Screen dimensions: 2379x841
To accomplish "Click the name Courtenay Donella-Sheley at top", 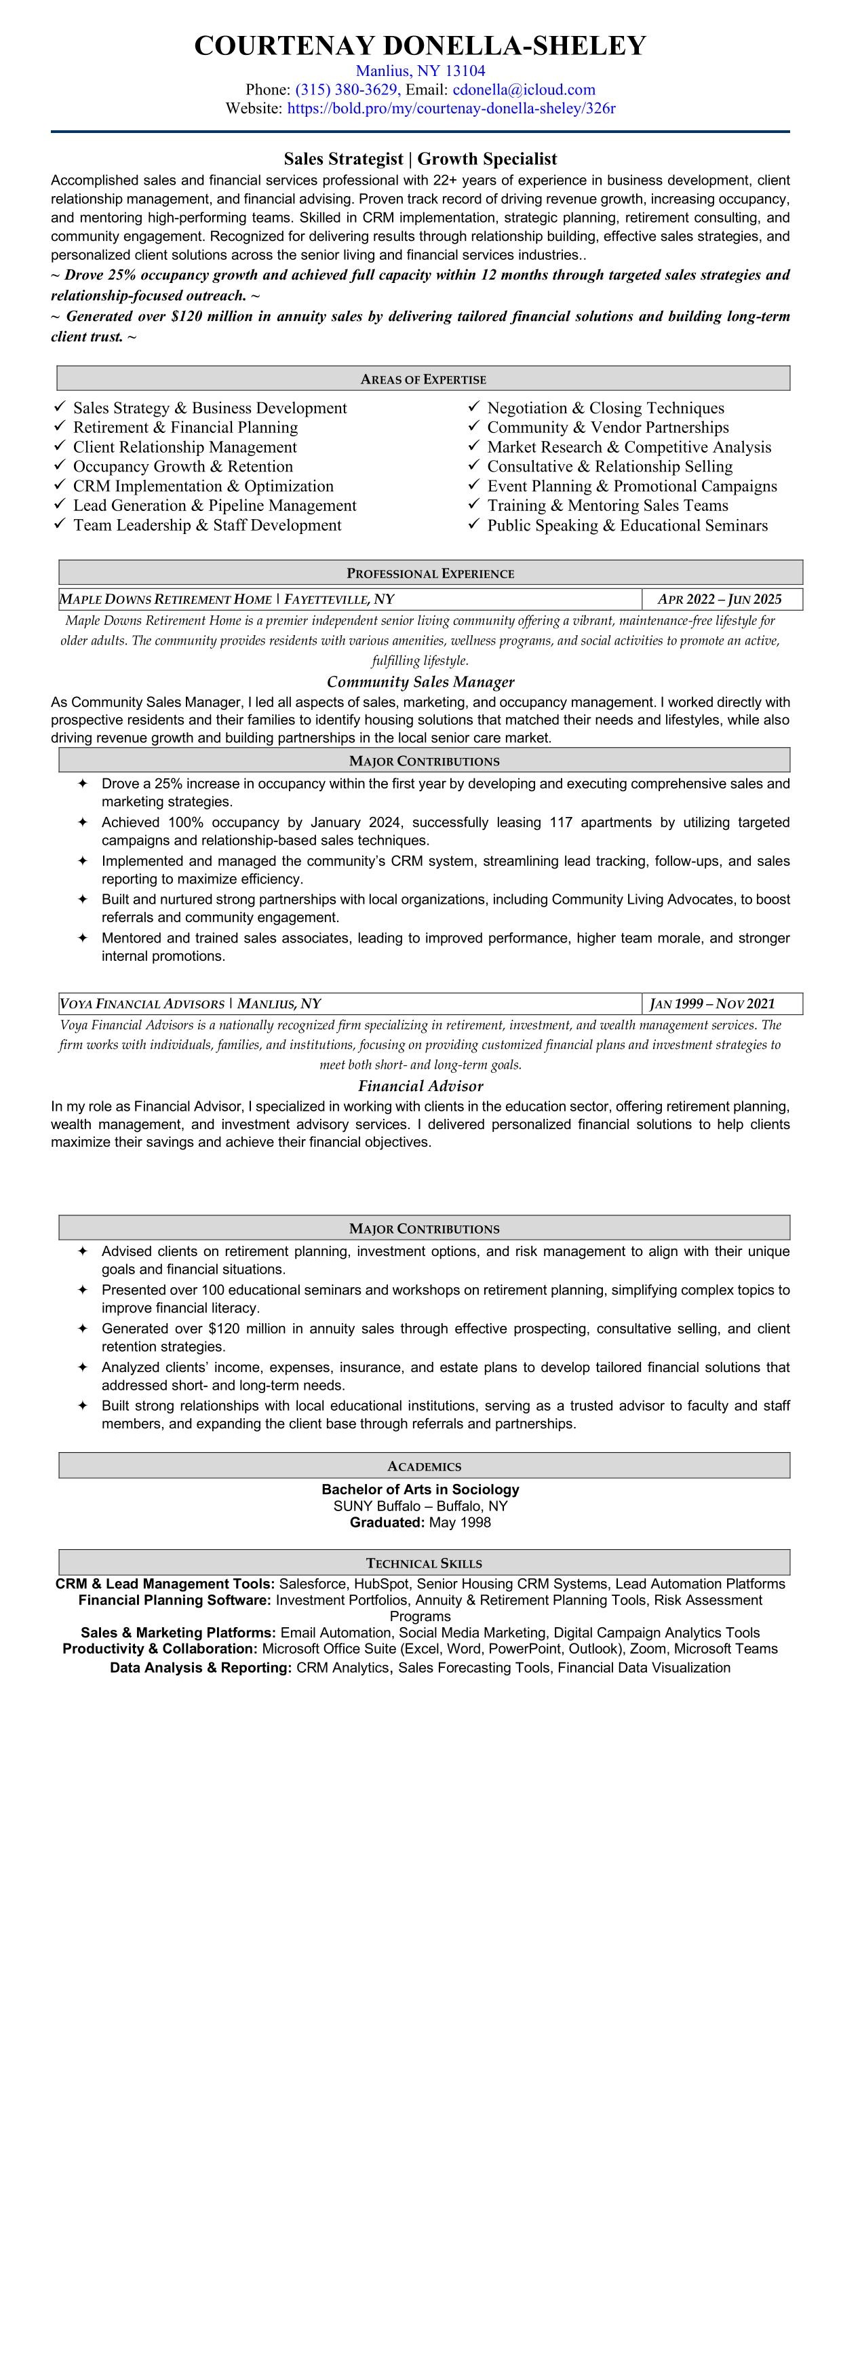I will [420, 46].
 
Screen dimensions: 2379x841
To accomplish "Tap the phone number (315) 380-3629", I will [346, 90].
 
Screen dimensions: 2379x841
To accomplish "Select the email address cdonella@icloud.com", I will [524, 90].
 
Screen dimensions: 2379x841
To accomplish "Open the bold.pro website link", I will [452, 108].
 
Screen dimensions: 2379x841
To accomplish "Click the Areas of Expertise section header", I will [423, 379].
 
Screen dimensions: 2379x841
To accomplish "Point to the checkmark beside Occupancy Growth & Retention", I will [60, 465].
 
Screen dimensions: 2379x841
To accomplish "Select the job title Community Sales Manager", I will [420, 681].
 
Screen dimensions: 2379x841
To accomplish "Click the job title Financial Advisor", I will [420, 1086].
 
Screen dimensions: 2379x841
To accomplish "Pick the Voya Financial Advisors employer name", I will [142, 1003].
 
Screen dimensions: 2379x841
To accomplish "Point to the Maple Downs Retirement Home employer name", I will [166, 599].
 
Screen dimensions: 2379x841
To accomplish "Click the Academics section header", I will [424, 1466].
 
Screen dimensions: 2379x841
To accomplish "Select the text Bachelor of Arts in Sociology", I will [420, 1489].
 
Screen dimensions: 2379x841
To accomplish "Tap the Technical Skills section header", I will [424, 1563].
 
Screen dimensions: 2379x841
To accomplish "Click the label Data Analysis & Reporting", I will [201, 1667].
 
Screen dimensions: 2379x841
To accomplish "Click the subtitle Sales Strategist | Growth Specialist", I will [420, 159].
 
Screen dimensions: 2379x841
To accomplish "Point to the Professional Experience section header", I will [430, 573].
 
